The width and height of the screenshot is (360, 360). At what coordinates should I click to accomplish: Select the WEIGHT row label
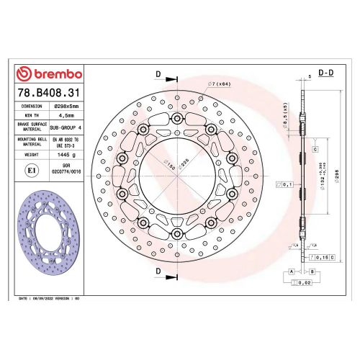31,155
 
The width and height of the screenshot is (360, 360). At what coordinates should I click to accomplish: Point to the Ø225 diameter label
183,165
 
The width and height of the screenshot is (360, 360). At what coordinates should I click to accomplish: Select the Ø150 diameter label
171,167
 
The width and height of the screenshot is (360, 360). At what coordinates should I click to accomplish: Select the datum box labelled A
292,271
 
